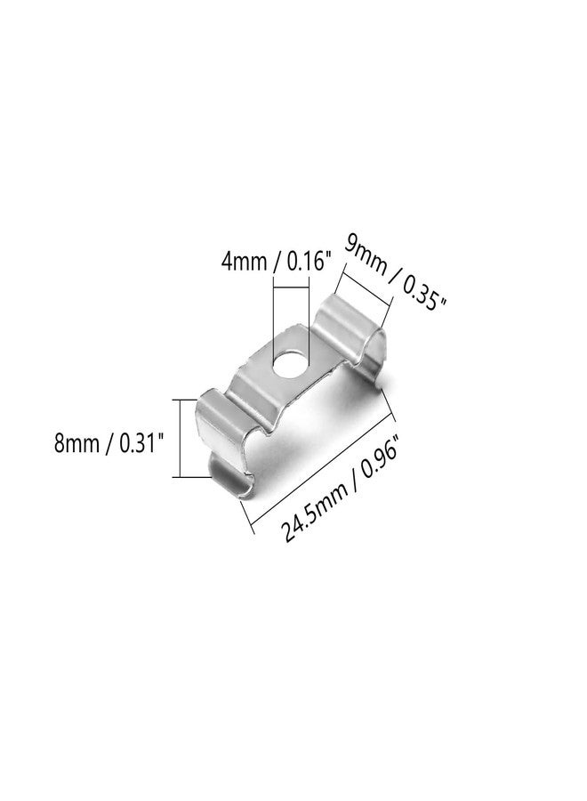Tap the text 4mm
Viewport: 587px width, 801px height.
pyautogui.click(x=244, y=263)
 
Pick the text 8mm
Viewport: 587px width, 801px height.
pyautogui.click(x=79, y=442)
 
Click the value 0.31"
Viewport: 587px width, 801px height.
pyautogui.click(x=141, y=442)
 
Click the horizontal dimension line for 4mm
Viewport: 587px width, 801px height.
pyautogui.click(x=293, y=287)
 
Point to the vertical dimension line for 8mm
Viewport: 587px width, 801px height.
pyautogui.click(x=182, y=439)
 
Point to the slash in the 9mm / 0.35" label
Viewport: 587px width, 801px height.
pyautogui.click(x=392, y=275)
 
